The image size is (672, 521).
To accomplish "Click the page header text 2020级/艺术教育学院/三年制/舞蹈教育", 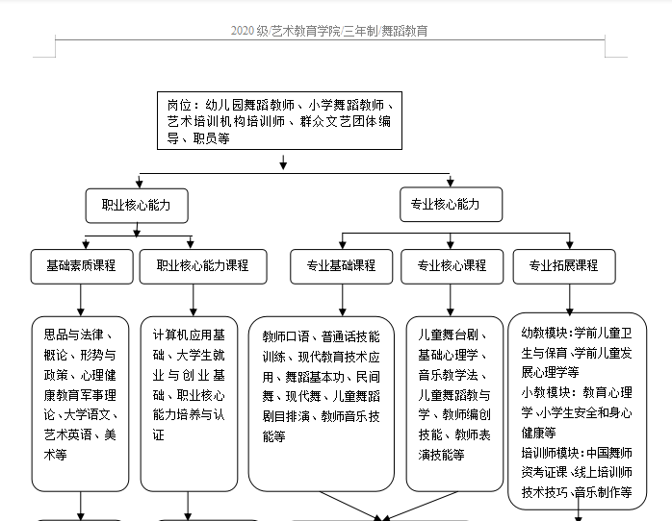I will point(329,31).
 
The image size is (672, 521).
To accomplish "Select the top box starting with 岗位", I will point(279,121).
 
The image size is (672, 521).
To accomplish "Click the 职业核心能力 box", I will point(137,205).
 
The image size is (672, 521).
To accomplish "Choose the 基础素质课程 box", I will point(80,265).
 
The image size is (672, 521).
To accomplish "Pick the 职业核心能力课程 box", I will point(194,265).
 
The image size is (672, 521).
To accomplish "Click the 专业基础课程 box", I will point(341,265).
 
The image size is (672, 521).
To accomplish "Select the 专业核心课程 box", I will point(452,265).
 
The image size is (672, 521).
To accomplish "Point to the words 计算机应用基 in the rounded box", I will point(191,335).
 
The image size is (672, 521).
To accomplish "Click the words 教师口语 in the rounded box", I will point(287,336).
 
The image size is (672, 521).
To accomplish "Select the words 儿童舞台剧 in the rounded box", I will point(446,335).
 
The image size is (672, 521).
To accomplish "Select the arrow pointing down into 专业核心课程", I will point(451,241).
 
